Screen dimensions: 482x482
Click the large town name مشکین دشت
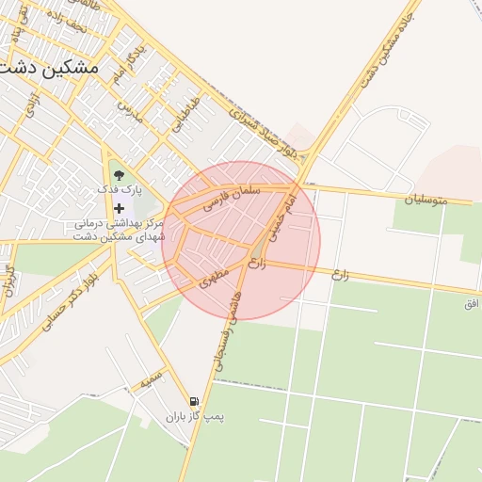click(50, 68)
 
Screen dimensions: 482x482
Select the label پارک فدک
click(119, 189)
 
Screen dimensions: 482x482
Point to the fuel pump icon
click(194, 402)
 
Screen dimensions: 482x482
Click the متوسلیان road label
click(438, 200)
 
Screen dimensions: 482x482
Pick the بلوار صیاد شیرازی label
click(272, 132)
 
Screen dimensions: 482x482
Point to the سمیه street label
click(151, 383)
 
